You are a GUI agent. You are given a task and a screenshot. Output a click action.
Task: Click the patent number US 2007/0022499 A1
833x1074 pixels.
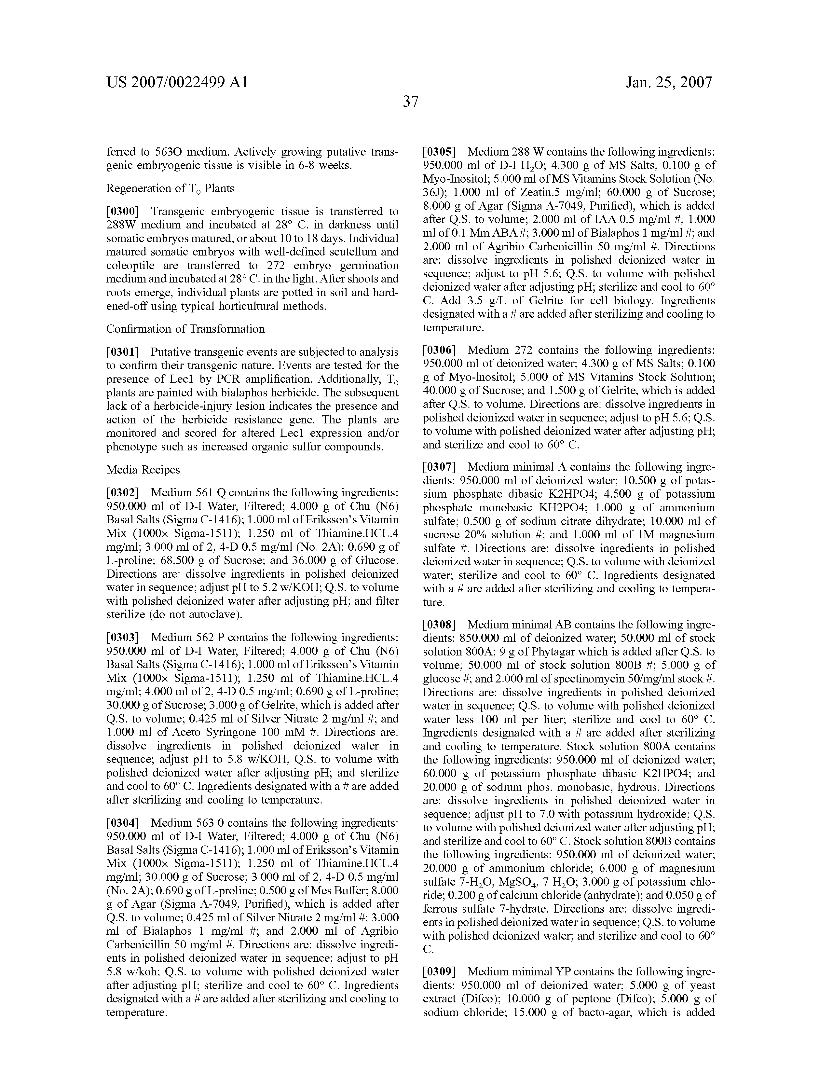point(177,82)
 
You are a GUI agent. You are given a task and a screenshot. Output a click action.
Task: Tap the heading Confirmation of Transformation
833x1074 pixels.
point(185,329)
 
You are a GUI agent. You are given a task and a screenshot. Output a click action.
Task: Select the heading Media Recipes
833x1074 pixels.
point(143,470)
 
